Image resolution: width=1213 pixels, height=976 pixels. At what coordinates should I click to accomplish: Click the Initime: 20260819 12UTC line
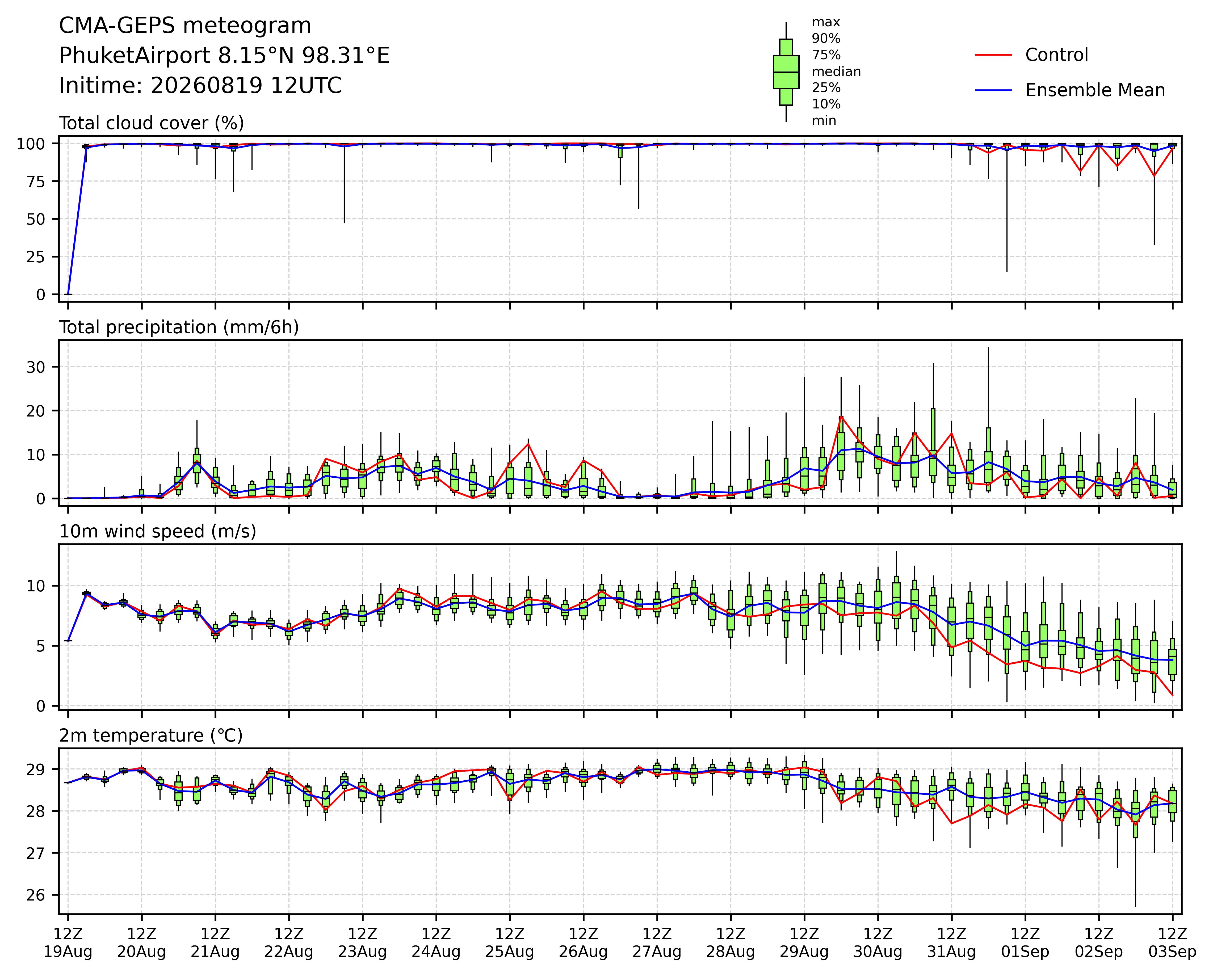click(x=200, y=86)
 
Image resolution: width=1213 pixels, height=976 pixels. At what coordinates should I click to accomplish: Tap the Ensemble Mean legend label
click(x=1095, y=91)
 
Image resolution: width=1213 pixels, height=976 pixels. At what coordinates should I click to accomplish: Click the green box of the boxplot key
click(x=786, y=72)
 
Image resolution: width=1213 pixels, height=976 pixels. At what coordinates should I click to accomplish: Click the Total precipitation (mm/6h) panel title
click(x=179, y=327)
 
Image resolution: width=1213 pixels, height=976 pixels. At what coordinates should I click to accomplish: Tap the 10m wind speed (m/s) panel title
click(x=158, y=532)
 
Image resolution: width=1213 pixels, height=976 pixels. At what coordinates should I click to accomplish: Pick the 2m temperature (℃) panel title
click(x=151, y=736)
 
